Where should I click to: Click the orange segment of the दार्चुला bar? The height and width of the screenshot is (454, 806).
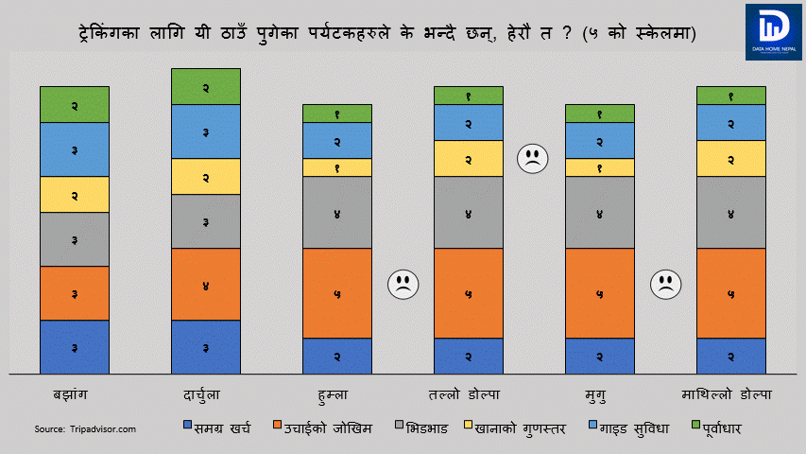(x=206, y=285)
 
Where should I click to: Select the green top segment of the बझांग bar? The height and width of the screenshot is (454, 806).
(x=75, y=104)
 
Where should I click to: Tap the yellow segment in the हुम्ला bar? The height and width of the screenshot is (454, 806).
(x=337, y=167)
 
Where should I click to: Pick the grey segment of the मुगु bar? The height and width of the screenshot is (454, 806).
(x=600, y=213)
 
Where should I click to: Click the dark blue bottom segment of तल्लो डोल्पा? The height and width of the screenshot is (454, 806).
(x=469, y=356)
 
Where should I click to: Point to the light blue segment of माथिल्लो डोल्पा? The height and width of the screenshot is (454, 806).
(x=731, y=122)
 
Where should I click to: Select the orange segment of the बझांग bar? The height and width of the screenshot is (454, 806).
(x=75, y=293)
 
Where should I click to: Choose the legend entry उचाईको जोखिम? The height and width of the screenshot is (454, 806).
(x=321, y=428)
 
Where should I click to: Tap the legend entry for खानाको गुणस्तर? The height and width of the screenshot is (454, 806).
(x=515, y=428)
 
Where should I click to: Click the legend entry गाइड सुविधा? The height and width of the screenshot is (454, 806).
(x=627, y=428)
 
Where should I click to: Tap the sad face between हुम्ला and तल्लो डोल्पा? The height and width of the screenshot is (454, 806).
(x=403, y=285)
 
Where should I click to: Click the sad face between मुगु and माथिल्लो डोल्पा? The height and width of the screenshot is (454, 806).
(x=665, y=285)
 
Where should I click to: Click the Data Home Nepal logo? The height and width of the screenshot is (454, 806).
(x=773, y=32)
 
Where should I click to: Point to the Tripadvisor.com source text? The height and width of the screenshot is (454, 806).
(x=86, y=429)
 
